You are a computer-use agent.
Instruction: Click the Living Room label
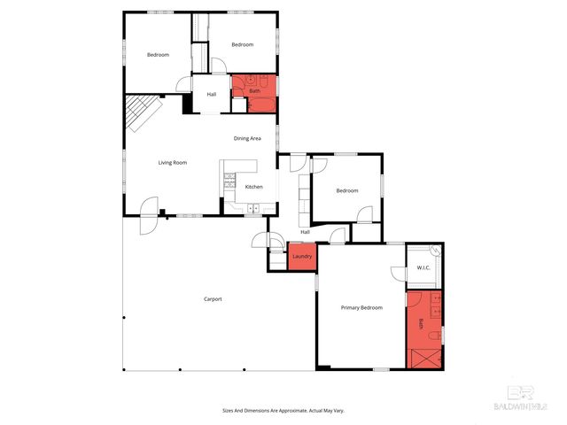click(173, 163)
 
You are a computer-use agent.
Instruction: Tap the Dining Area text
click(247, 139)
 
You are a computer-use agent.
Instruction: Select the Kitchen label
click(253, 187)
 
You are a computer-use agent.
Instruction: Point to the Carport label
click(213, 299)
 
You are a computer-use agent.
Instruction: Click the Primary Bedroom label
click(361, 307)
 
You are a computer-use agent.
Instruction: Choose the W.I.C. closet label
click(423, 267)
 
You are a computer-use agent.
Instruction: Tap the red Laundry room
click(302, 256)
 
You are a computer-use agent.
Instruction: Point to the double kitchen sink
click(253, 209)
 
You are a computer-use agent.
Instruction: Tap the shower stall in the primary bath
click(423, 358)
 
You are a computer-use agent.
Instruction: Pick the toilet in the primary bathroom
click(434, 336)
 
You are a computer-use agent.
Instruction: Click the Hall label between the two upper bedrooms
click(212, 95)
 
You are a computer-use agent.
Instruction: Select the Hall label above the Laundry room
click(305, 232)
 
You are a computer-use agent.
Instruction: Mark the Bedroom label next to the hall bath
click(242, 45)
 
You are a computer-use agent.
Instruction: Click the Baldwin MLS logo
click(526, 398)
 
